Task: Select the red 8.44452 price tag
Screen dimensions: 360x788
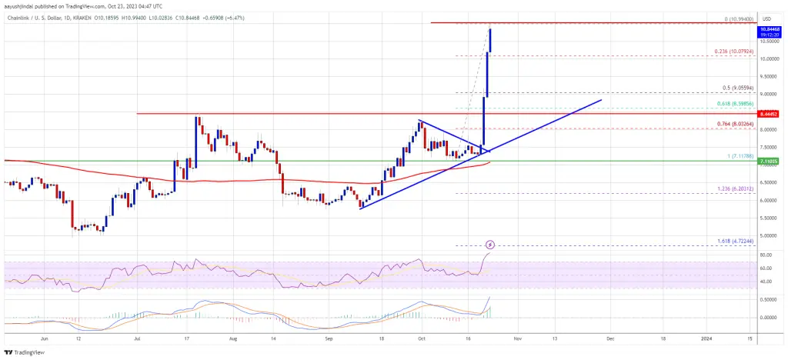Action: point(770,114)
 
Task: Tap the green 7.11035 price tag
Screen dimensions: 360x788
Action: point(770,162)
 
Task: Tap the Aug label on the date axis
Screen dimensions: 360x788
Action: point(229,337)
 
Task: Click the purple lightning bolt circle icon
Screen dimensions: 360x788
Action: point(489,245)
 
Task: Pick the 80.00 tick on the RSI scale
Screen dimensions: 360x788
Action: point(766,255)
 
